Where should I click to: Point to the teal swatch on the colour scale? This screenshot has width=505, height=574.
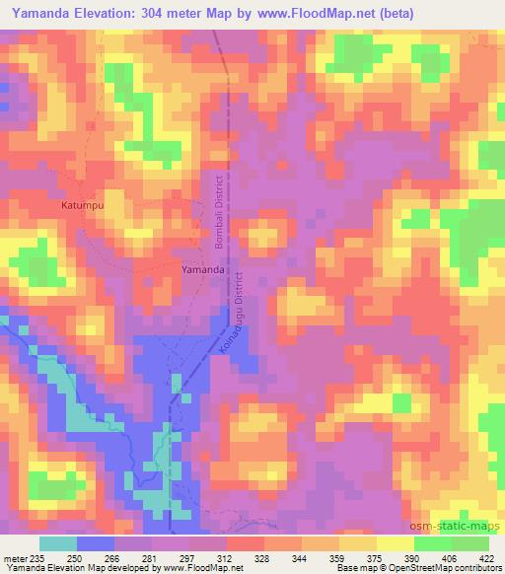(x=58, y=543)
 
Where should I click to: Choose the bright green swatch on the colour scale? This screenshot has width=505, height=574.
(x=433, y=543)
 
